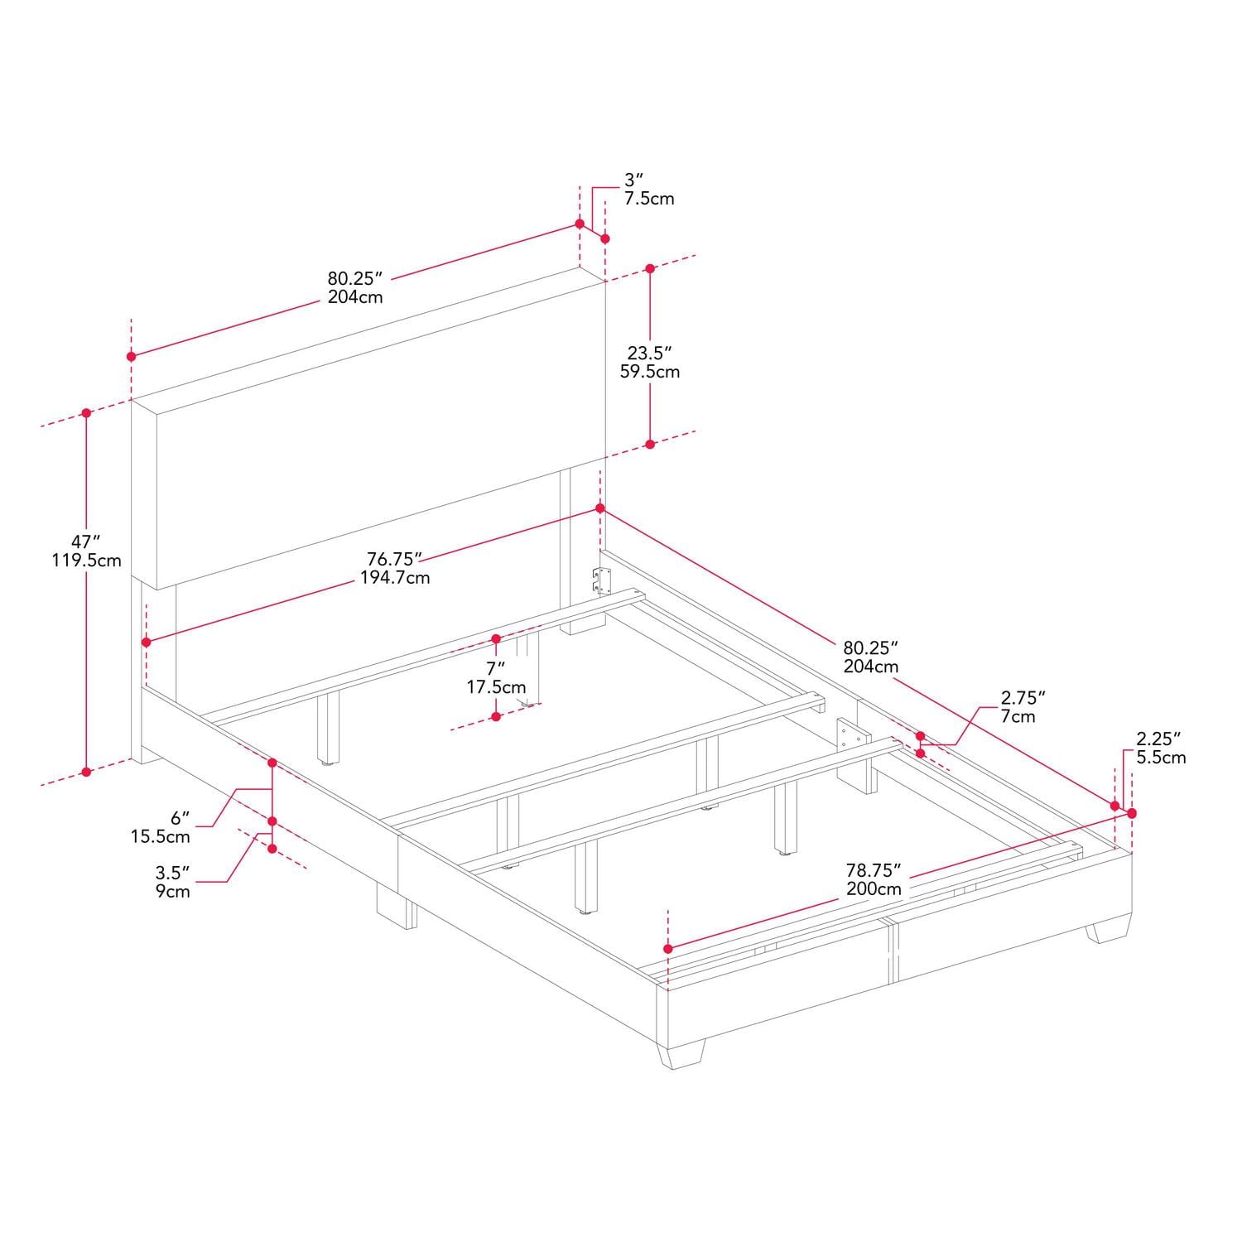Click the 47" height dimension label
coord(79,542)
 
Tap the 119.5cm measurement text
coord(86,561)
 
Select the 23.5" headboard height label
coord(649,354)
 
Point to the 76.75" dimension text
coord(395,559)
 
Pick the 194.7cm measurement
coord(395,578)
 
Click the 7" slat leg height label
coord(495,668)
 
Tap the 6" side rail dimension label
coord(181,818)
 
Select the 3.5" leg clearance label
coord(173,873)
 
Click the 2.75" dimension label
coord(1023,698)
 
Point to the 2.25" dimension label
coord(1158,739)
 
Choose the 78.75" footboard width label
coord(873,870)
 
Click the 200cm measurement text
coord(873,889)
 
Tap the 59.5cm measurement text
coord(650,372)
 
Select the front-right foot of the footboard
coord(1109,931)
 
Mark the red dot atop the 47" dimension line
coord(86,412)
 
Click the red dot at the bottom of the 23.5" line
coord(650,445)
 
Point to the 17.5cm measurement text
coord(496,687)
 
